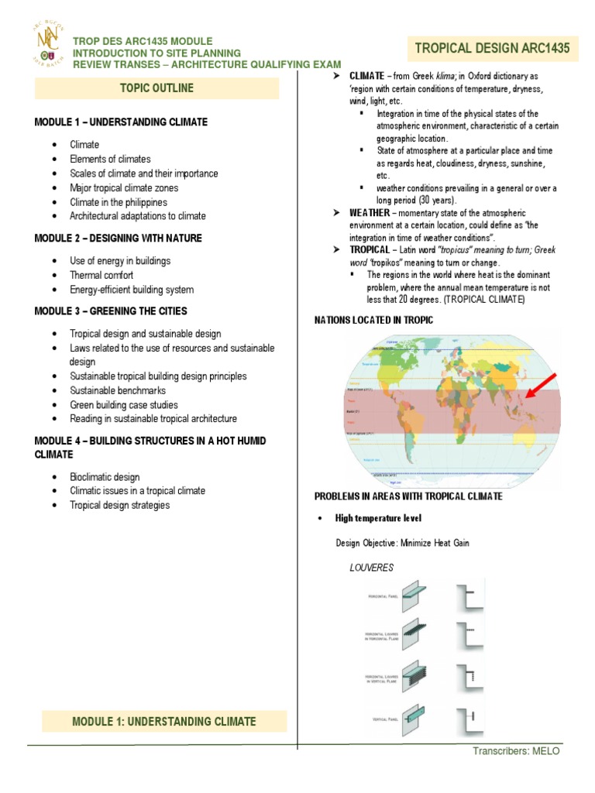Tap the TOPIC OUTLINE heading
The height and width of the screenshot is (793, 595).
156,88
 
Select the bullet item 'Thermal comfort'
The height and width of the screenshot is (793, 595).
101,275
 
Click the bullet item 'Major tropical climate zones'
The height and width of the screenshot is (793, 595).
123,187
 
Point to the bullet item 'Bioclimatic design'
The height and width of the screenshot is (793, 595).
105,476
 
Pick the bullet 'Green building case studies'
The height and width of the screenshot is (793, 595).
124,404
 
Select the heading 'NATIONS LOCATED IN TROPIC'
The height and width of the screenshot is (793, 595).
373,320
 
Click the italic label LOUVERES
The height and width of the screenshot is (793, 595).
372,568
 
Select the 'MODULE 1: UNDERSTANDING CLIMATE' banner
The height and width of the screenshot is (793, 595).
163,721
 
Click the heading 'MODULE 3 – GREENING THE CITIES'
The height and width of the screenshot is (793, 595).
111,311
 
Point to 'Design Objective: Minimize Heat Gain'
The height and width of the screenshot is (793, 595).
402,543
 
